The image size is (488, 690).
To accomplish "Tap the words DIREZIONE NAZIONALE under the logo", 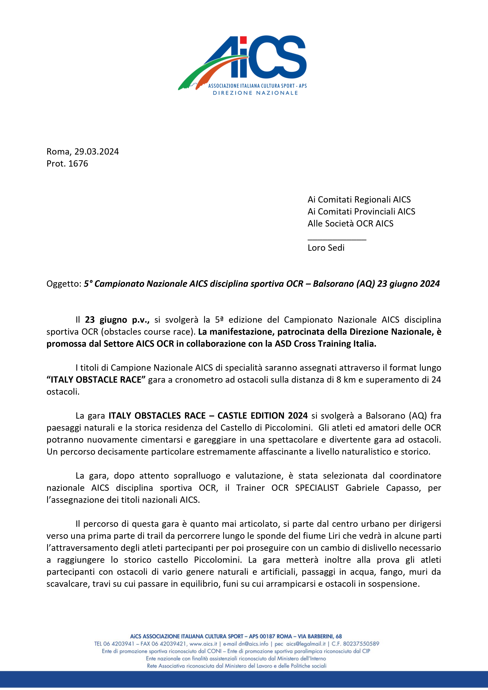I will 255,93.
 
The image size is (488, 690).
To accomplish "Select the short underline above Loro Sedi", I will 337,240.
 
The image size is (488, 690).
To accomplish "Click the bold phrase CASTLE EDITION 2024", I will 263,416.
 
